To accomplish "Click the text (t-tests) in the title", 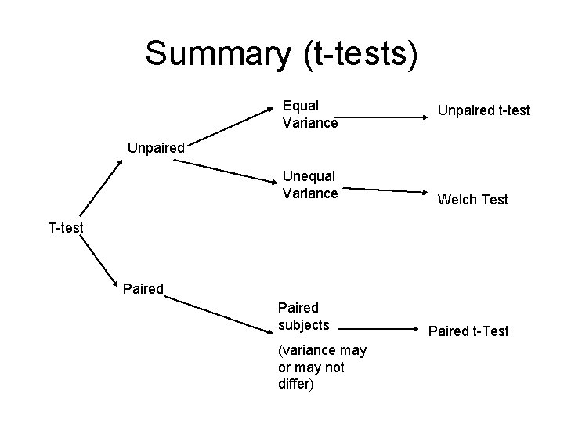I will [363, 53].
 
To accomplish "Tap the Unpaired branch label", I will [157, 147].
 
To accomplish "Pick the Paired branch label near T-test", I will [143, 289].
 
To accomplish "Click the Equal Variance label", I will [309, 114].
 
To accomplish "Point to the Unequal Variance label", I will [309, 185].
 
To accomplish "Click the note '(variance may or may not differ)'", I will [310, 367].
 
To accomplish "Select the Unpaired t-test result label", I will [483, 111].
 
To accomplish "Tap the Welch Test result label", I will [472, 200].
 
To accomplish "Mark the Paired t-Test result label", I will [468, 331].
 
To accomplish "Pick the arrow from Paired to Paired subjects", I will [219, 309].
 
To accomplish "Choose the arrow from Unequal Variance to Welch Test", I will [381, 190].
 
